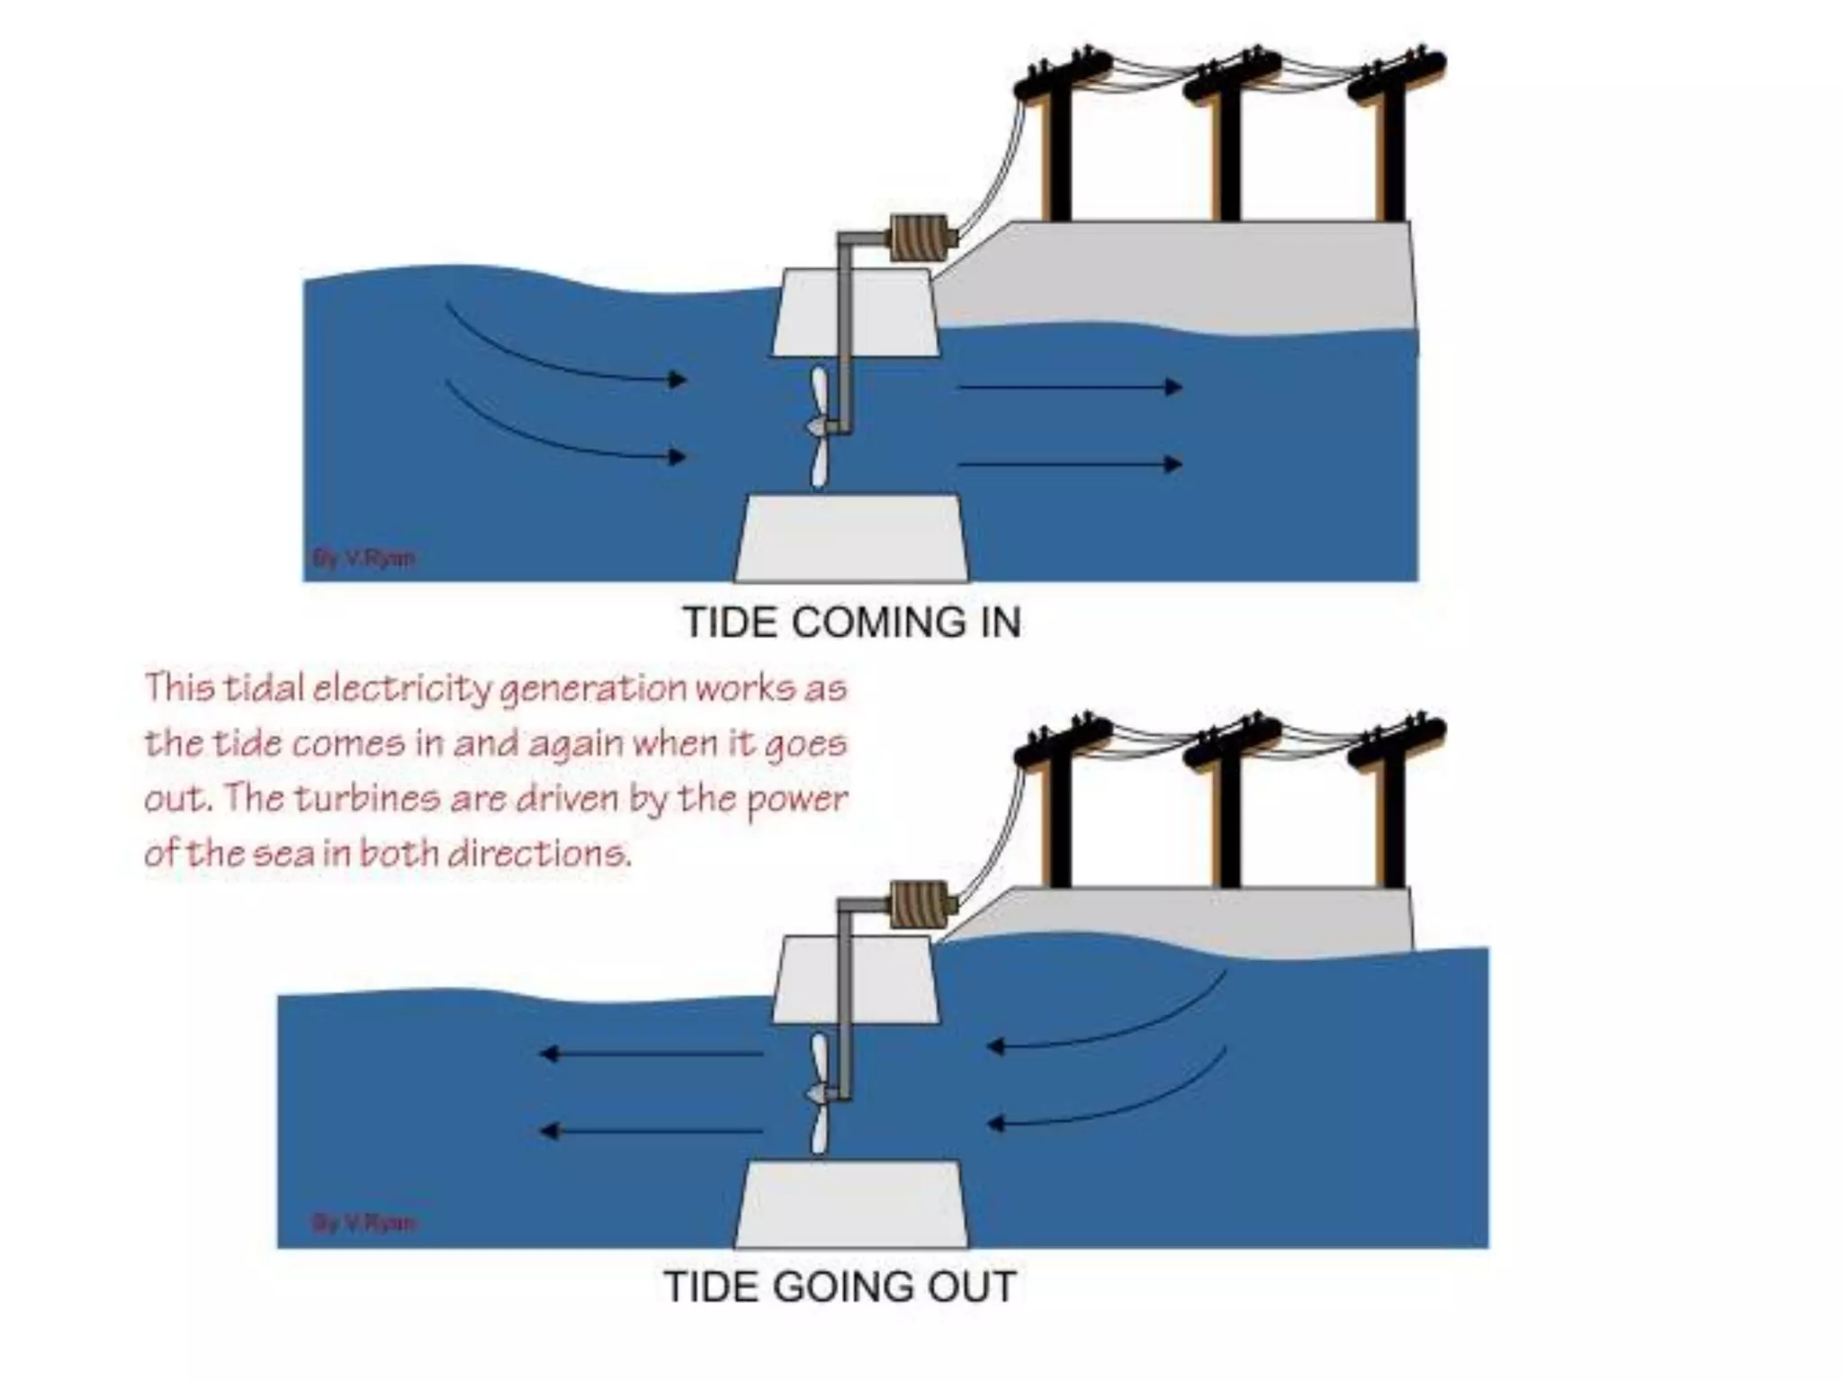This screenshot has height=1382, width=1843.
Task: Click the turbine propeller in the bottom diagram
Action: tap(819, 1092)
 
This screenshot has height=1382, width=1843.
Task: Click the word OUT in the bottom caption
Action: tap(973, 1287)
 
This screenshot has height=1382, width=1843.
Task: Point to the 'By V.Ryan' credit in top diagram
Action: tap(364, 558)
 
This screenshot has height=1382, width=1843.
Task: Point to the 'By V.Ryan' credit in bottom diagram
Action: tap(364, 1223)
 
